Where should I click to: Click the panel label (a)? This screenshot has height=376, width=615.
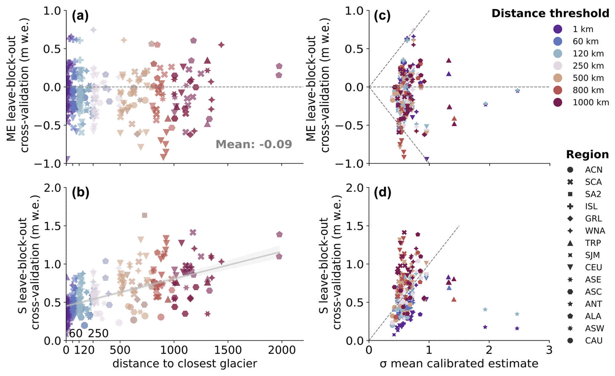tap(80, 16)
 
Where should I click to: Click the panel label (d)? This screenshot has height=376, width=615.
tap(382, 193)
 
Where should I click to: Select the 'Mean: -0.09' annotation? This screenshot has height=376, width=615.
tap(254, 144)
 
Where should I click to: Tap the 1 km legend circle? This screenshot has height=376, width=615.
tap(557, 29)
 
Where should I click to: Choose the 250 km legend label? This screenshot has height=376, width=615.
tap(588, 66)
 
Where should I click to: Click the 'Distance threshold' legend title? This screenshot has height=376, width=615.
tap(550, 13)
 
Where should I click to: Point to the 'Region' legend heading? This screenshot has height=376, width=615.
tap(587, 154)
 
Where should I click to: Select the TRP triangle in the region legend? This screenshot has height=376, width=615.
tap(570, 243)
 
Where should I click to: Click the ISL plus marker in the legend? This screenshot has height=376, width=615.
tap(570, 206)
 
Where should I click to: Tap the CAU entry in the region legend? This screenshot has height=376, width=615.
tap(594, 341)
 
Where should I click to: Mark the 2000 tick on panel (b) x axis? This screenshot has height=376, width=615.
tap(281, 350)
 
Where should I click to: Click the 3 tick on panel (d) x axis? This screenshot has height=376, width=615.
tap(549, 350)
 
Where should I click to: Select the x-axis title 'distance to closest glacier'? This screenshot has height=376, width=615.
tap(185, 364)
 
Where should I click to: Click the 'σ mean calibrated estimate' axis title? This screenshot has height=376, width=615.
tap(459, 364)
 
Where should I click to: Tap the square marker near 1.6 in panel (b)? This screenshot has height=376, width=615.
tap(145, 215)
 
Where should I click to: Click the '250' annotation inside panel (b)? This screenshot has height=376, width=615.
tap(98, 333)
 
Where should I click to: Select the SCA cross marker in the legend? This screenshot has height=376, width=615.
tap(570, 182)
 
